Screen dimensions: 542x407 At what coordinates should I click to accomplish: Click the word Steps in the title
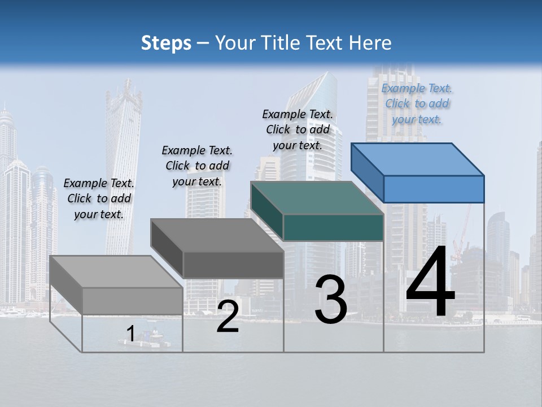[x=166, y=43]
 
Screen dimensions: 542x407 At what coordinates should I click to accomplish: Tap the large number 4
[x=430, y=282]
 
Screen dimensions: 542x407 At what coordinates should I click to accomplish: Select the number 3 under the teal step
[x=331, y=300]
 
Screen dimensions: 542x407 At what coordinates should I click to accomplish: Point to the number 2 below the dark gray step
[x=228, y=317]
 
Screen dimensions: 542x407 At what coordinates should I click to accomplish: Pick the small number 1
[x=130, y=334]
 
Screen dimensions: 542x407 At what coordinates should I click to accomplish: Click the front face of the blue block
[x=434, y=189]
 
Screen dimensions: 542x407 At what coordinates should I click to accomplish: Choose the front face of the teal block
[x=333, y=227]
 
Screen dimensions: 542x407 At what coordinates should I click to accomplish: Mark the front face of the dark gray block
[x=233, y=265]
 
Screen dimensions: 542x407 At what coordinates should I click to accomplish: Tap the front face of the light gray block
[x=133, y=301]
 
